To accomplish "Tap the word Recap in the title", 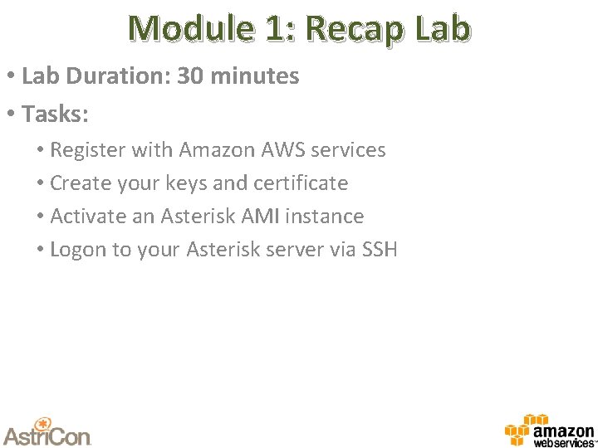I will [351, 28].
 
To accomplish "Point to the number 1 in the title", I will [273, 28].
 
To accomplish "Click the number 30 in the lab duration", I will [190, 76].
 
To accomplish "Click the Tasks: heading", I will [56, 114].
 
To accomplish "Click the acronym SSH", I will [380, 250].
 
